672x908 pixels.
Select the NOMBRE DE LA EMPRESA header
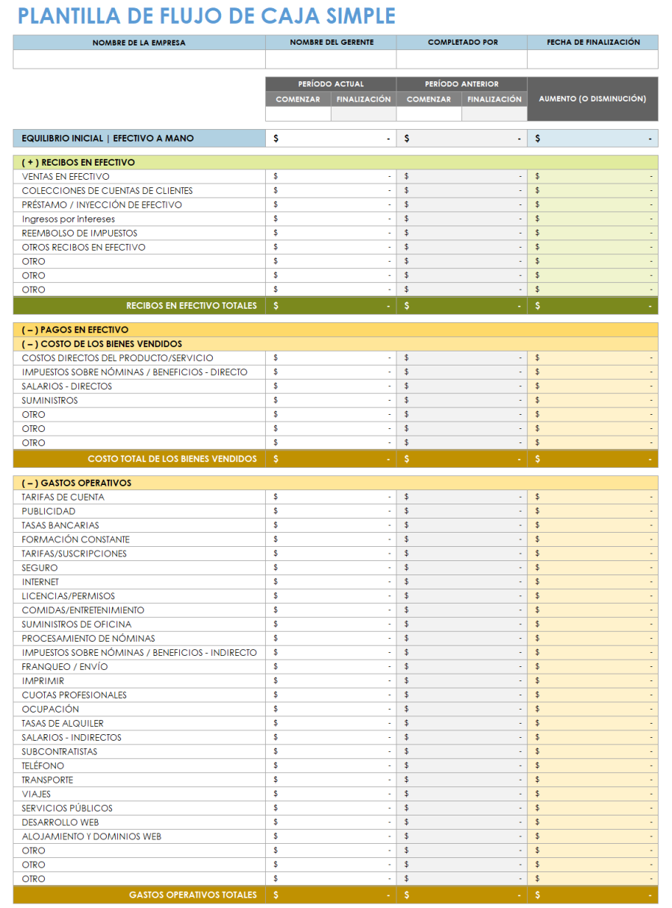[x=139, y=43]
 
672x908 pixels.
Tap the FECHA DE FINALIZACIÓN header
[x=593, y=43]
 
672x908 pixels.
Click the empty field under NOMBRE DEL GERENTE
[x=331, y=60]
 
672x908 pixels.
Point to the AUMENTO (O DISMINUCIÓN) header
[x=593, y=98]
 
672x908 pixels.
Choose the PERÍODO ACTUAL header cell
[x=331, y=84]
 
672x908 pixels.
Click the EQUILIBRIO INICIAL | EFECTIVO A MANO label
[x=108, y=138]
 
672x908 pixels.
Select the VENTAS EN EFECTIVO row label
[x=66, y=177]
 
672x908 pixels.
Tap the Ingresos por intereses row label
[x=69, y=219]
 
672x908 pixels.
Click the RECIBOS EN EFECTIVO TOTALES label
[x=191, y=305]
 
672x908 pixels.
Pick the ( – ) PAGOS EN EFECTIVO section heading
[x=75, y=330]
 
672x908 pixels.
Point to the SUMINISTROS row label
[x=50, y=401]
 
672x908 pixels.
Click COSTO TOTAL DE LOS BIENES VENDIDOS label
[x=172, y=459]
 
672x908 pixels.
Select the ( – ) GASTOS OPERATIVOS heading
[x=76, y=483]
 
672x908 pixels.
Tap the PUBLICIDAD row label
[x=49, y=511]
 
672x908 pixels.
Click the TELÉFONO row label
[x=43, y=765]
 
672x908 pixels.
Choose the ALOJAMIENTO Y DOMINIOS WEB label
[x=91, y=836]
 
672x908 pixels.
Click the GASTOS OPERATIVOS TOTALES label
[x=193, y=895]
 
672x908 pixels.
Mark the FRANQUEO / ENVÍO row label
[x=65, y=666]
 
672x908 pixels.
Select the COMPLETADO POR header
[x=462, y=43]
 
